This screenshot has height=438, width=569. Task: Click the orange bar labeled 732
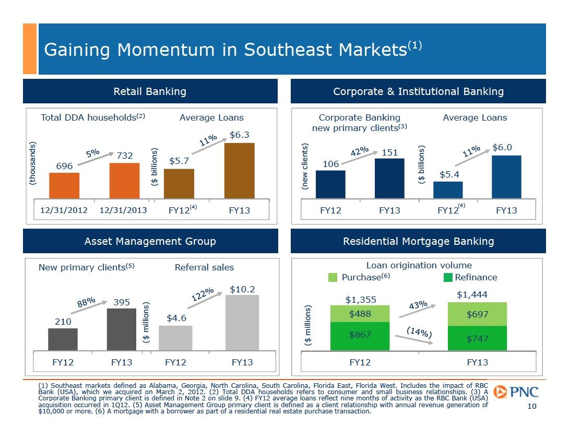(124, 180)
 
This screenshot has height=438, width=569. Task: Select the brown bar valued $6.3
(239, 171)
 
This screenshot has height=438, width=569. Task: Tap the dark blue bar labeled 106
(330, 184)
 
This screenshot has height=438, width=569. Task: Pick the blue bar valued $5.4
(448, 190)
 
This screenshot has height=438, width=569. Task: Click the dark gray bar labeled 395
(122, 329)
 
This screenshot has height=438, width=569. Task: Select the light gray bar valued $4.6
(175, 338)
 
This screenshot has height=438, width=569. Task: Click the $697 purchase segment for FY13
(477, 314)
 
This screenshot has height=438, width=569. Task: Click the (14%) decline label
(420, 333)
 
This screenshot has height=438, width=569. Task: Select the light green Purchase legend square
(333, 277)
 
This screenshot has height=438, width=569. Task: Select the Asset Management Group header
(150, 241)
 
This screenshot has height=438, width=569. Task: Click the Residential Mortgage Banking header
(418, 241)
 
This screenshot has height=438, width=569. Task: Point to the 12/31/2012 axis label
(64, 210)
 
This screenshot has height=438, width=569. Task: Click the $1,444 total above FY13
(472, 295)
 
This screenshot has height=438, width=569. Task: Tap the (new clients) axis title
(305, 166)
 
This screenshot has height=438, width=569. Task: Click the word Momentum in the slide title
(176, 50)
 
